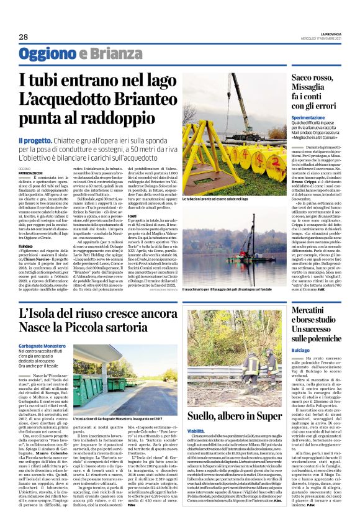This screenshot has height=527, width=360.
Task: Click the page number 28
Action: click(x=22, y=36)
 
